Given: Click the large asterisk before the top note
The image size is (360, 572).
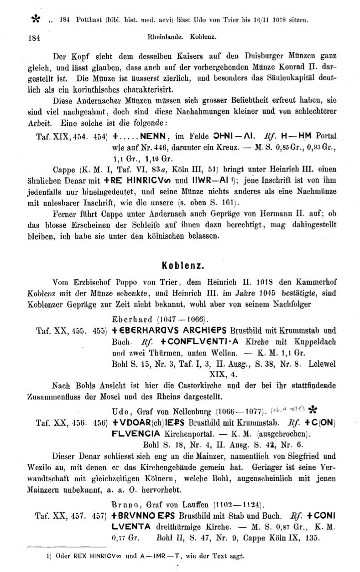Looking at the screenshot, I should (35, 19).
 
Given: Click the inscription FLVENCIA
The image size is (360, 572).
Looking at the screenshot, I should (136, 434).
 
